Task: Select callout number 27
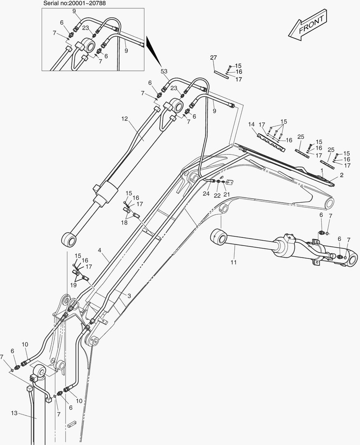tap(213, 57)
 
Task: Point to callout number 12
tap(125, 119)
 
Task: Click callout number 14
tap(252, 124)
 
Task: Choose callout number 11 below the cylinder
tap(233, 262)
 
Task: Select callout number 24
tap(206, 194)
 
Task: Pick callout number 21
tap(226, 194)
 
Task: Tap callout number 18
tap(124, 222)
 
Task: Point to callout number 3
tap(129, 296)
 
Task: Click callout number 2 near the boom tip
tap(341, 175)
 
